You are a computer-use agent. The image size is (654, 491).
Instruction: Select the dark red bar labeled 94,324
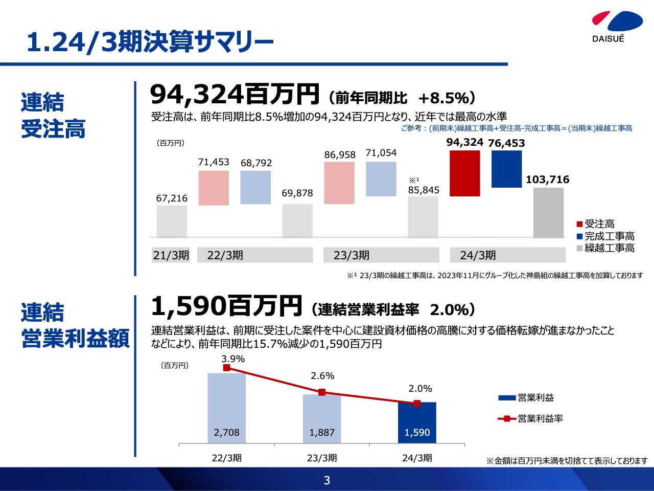pyautogui.click(x=464, y=173)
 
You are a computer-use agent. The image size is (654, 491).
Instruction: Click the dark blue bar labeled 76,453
pyautogui.click(x=506, y=169)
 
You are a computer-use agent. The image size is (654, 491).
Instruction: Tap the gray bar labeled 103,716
pyautogui.click(x=548, y=212)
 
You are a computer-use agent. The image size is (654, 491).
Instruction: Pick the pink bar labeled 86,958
pyautogui.click(x=339, y=183)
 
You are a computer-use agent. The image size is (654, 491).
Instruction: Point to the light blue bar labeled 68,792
pyautogui.click(x=255, y=187)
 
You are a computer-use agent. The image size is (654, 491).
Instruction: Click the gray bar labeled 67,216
pyautogui.click(x=172, y=221)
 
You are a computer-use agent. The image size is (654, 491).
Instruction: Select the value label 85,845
pyautogui.click(x=424, y=190)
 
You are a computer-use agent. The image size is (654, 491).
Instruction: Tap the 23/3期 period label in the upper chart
pyautogui.click(x=352, y=255)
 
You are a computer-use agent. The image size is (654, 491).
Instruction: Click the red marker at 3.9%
pyautogui.click(x=227, y=368)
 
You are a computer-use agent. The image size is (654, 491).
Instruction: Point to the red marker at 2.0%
pyautogui.click(x=417, y=404)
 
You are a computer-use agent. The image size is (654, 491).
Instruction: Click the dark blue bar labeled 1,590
pyautogui.click(x=417, y=422)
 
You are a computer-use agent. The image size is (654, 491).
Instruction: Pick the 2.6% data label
pyautogui.click(x=322, y=376)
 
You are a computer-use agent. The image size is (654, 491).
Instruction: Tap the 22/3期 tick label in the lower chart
pyautogui.click(x=227, y=458)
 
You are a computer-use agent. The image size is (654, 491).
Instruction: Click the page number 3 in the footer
pyautogui.click(x=327, y=480)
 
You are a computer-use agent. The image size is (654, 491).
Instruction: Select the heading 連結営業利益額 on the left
pyautogui.click(x=75, y=326)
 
